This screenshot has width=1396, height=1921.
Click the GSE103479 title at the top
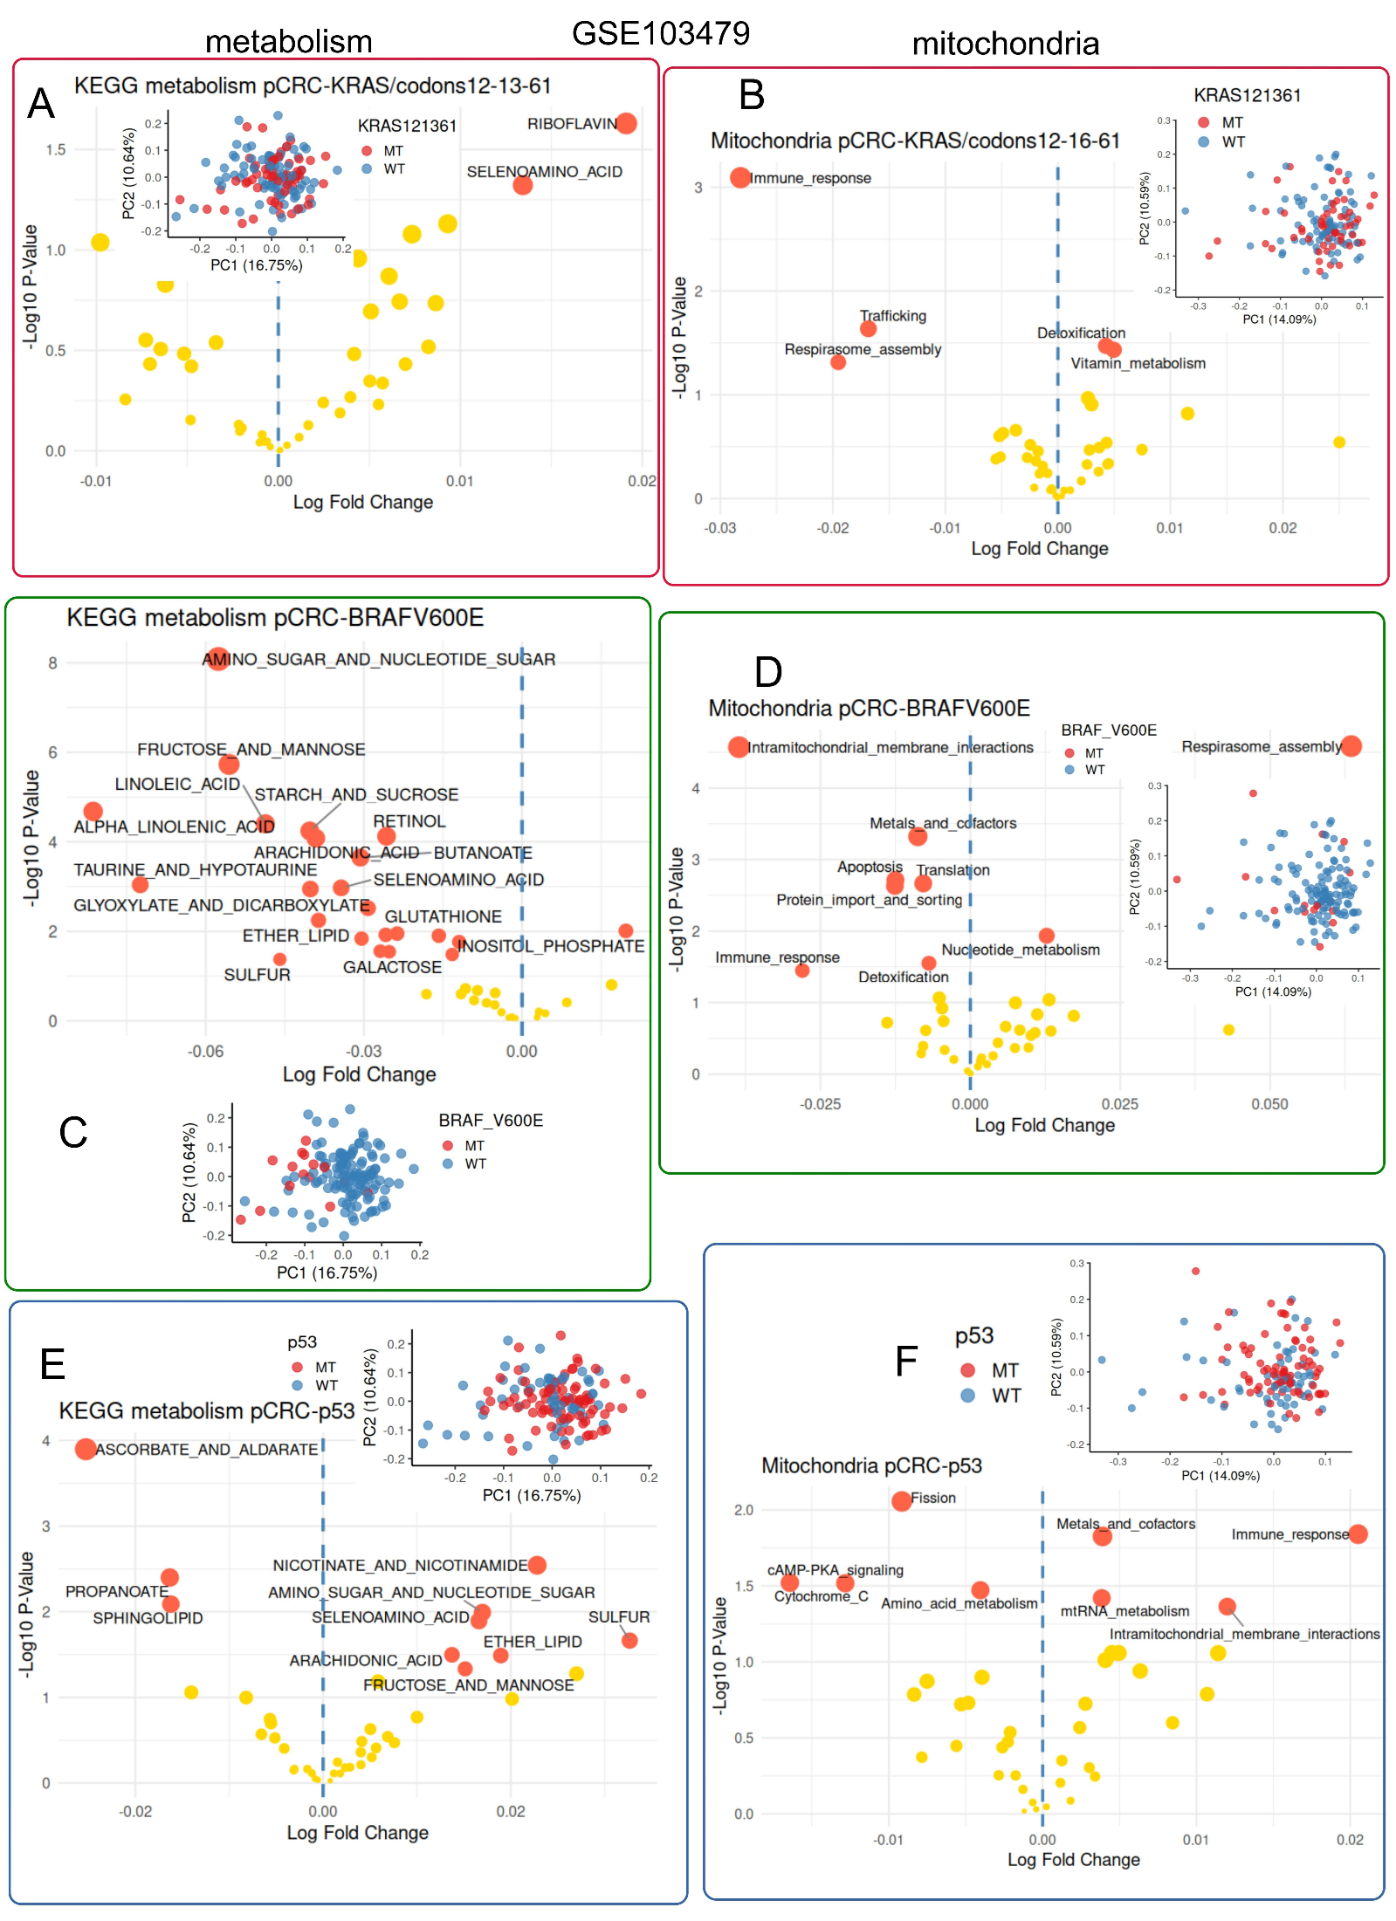(660, 33)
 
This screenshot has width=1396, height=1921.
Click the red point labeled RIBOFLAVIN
(626, 124)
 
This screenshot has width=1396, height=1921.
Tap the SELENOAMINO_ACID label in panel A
(544, 172)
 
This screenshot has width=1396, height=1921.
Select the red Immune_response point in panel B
(740, 178)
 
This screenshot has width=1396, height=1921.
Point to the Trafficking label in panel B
(892, 316)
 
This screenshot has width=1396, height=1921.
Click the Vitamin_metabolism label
(1138, 363)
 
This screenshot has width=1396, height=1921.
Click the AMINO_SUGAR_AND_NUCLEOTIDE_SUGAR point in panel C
(217, 659)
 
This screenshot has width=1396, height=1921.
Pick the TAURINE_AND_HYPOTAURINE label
(195, 870)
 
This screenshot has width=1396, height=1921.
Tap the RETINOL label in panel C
(409, 821)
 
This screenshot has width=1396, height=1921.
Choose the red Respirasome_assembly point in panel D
(1351, 746)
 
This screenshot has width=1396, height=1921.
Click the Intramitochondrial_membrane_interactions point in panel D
(739, 747)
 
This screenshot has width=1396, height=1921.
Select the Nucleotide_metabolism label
(1020, 950)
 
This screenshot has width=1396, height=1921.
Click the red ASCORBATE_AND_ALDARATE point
(86, 1449)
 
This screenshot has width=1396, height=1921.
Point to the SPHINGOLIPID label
(148, 1618)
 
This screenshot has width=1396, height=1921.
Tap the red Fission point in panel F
(902, 1501)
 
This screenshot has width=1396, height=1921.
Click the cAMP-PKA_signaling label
(835, 1570)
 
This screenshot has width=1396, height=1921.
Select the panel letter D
(767, 672)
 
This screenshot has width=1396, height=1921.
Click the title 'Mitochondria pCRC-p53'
(870, 1465)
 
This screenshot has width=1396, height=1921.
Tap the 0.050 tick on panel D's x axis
(1269, 1104)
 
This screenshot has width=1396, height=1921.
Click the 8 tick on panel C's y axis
(52, 663)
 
